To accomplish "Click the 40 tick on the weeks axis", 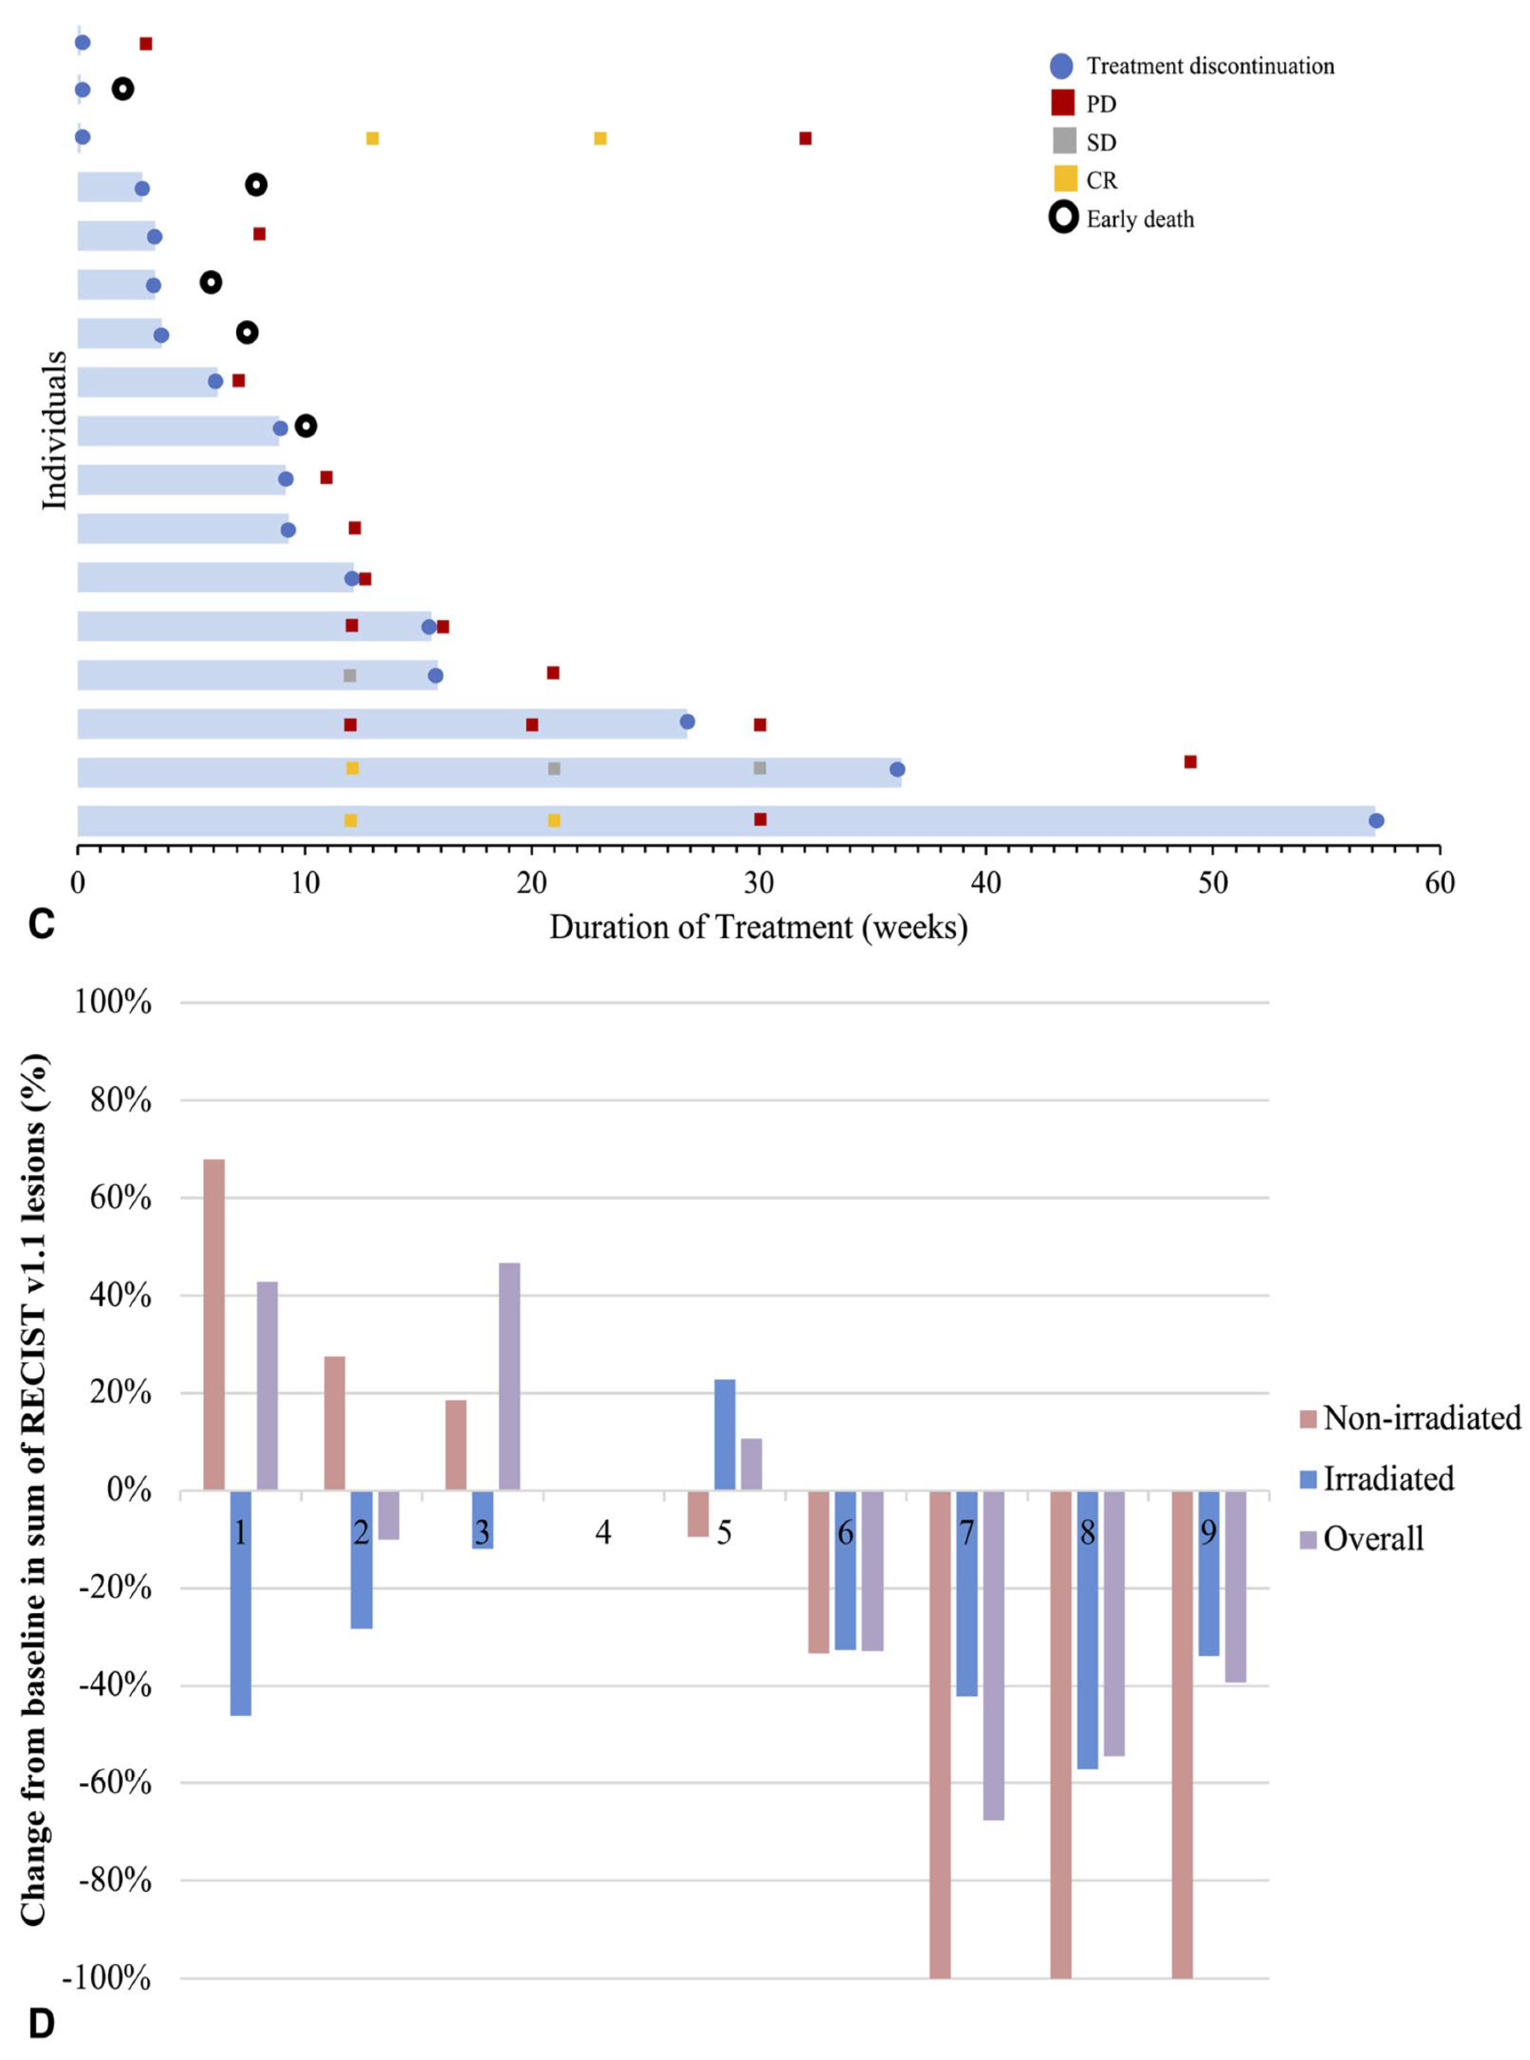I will [x=985, y=883].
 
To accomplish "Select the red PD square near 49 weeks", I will [x=1190, y=761].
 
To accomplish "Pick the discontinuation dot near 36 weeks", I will [x=897, y=770].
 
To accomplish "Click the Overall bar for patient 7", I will [x=994, y=1655].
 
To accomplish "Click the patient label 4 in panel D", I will [x=603, y=1533].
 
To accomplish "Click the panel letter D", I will [x=41, y=2025].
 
